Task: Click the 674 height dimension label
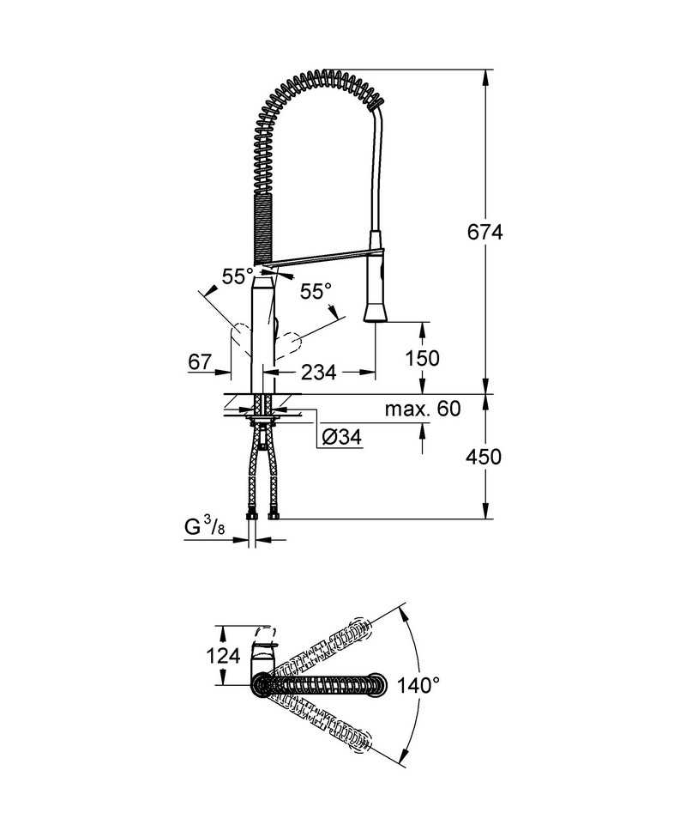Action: click(x=484, y=232)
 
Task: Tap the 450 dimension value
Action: click(x=483, y=457)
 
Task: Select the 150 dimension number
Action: click(x=422, y=358)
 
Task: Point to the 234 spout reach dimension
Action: click(x=318, y=373)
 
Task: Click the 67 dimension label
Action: click(x=200, y=362)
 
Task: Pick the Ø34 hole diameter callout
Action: click(x=342, y=436)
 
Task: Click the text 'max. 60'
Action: click(x=423, y=409)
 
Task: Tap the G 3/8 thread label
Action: click(x=205, y=526)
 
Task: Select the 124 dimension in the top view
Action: click(x=223, y=656)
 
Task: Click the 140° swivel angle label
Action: click(x=418, y=685)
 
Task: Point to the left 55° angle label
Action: click(x=238, y=276)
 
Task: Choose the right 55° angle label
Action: click(x=316, y=291)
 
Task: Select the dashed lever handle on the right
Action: click(x=288, y=344)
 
